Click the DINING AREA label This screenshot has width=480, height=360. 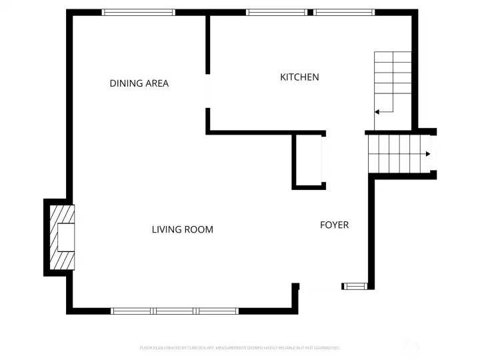(x=139, y=83)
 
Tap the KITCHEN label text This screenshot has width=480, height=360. (x=299, y=77)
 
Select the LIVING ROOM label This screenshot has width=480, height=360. (x=182, y=229)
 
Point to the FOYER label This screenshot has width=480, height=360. (x=334, y=225)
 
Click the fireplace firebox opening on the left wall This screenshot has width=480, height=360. (x=65, y=237)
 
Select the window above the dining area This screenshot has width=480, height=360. (x=138, y=12)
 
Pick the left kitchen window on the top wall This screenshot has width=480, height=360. (x=277, y=12)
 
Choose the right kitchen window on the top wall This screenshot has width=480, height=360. (x=344, y=12)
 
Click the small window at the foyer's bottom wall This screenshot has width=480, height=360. (x=355, y=286)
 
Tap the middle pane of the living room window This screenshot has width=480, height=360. (x=175, y=311)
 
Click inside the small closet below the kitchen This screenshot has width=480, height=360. (x=308, y=161)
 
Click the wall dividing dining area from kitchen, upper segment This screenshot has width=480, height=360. (x=208, y=43)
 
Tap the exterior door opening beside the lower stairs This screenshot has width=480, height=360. (x=433, y=153)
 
